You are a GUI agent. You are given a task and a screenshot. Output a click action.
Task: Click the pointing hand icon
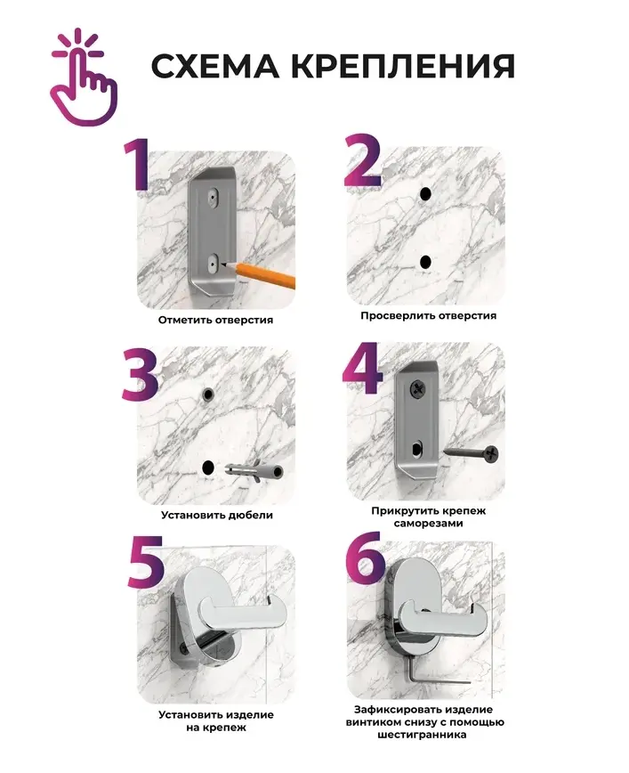tap(84, 79)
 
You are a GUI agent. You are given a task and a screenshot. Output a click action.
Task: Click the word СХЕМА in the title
tap(214, 66)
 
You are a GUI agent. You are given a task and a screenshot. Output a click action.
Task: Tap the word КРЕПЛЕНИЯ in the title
tap(403, 66)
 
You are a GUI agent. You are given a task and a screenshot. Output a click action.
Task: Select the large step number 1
tap(136, 164)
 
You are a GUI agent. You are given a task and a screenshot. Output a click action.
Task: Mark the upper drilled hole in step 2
tap(425, 194)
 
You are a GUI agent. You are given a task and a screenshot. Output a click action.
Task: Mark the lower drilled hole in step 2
tap(425, 262)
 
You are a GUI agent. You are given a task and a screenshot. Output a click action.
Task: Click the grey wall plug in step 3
tap(254, 471)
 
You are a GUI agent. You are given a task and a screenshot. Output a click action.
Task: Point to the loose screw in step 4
tap(471, 453)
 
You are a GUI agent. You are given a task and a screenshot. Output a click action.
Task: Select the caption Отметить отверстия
tap(215, 320)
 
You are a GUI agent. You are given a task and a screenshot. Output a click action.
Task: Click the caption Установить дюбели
tap(217, 515)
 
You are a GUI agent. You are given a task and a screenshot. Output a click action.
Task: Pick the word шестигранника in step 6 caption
tap(422, 735)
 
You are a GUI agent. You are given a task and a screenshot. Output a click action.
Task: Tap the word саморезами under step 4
tap(429, 524)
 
